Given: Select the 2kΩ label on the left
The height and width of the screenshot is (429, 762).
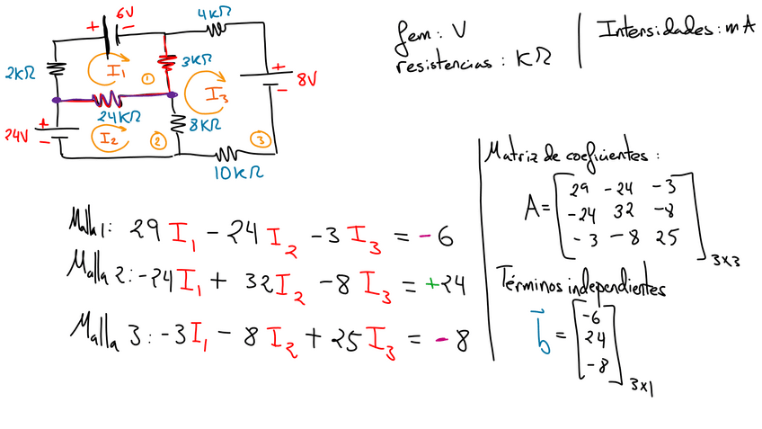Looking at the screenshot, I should click(x=20, y=71).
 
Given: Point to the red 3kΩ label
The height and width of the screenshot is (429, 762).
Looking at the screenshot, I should click(x=196, y=60).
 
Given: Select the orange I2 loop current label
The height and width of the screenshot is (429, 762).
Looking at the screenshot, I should click(x=108, y=138).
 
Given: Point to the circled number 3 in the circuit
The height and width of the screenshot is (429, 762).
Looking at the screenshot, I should click(x=261, y=139).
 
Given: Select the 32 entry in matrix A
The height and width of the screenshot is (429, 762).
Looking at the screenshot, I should click(x=624, y=212).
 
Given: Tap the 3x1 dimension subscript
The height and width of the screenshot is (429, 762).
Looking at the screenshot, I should click(x=642, y=384).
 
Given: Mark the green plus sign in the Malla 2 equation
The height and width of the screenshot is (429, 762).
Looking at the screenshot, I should click(x=432, y=284).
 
